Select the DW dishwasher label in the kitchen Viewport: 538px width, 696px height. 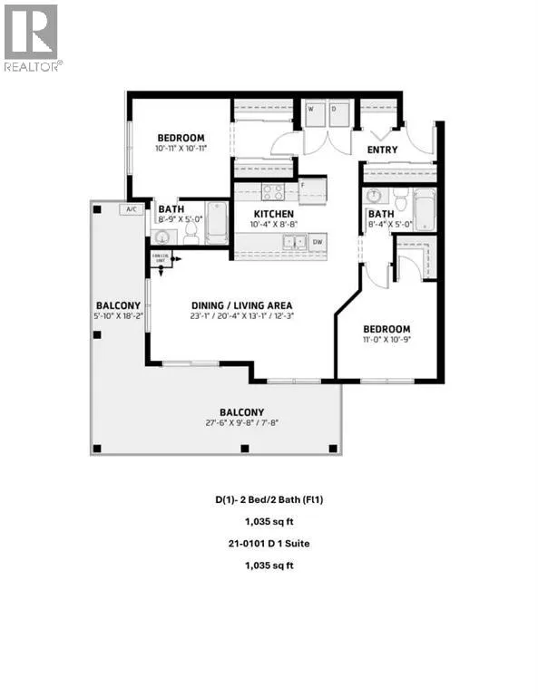316,242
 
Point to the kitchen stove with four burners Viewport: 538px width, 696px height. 273,192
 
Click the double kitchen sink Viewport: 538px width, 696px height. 293,242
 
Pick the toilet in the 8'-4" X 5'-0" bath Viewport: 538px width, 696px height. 399,198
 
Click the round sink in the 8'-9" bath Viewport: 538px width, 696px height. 162,237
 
